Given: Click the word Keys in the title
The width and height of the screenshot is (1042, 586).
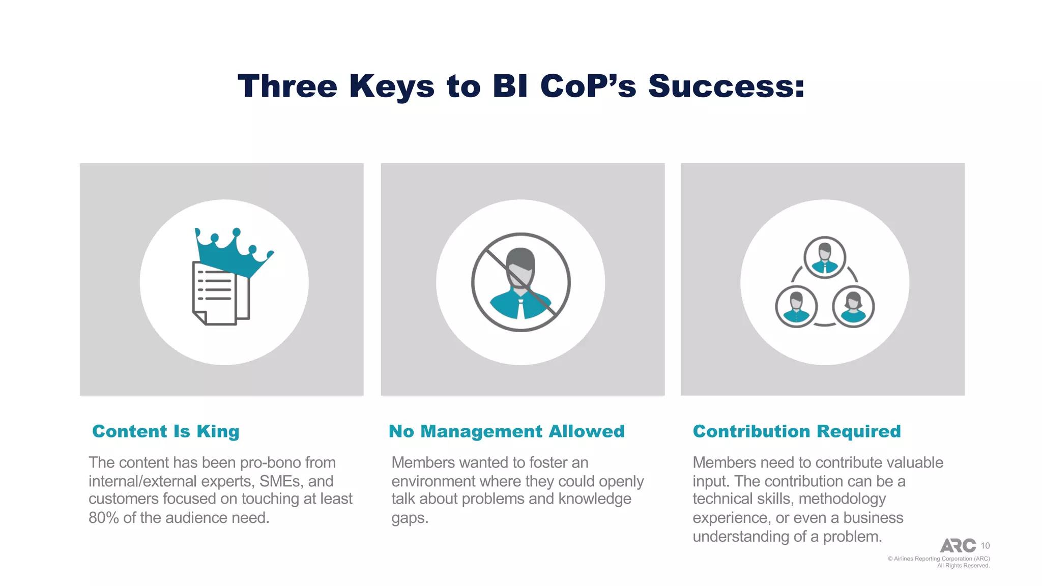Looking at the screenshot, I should click(392, 86).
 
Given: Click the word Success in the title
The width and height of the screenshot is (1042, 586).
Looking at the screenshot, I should click(720, 86).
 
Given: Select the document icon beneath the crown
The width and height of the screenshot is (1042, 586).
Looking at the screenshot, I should click(220, 294).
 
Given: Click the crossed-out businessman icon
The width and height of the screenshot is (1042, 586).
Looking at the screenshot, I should click(520, 283).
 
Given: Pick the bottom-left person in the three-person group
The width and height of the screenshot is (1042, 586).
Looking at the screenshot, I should click(796, 307).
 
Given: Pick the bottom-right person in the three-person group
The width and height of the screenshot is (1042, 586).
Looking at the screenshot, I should click(853, 307).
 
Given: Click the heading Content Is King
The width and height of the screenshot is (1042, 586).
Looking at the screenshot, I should click(166, 431).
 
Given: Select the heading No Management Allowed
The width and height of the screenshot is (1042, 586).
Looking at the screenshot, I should click(506, 431).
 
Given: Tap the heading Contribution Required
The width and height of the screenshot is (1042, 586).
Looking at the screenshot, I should click(797, 431).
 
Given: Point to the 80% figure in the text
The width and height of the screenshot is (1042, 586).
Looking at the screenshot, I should click(104, 518).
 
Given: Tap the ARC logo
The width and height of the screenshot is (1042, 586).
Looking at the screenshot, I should click(958, 546).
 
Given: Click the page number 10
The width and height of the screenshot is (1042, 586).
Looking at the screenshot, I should click(985, 546).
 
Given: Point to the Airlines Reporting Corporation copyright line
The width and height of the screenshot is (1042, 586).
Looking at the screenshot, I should click(939, 559).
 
